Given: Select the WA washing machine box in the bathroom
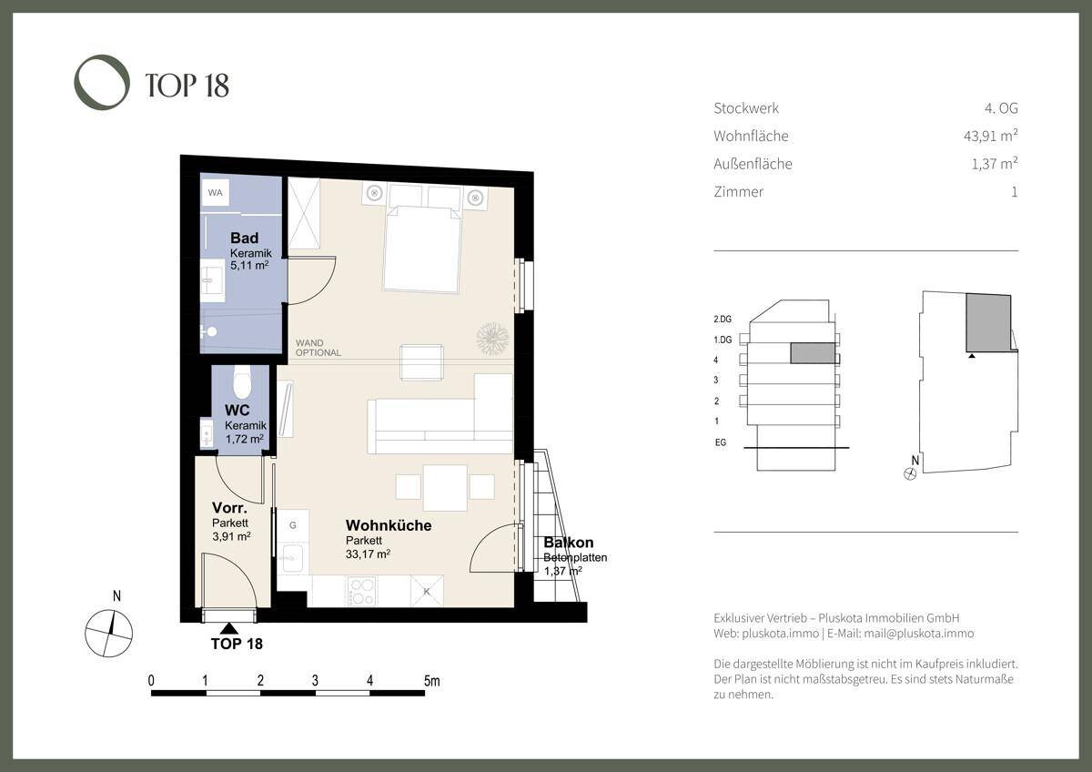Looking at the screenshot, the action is coord(215,192).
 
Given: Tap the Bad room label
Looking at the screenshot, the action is coord(244,238).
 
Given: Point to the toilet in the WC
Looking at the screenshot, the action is coord(242,382).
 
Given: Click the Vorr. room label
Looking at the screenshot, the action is coord(229,508).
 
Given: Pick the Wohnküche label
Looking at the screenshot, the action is coord(389,525).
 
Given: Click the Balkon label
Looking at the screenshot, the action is coord(569,543).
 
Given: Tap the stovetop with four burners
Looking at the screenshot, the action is coord(362,591).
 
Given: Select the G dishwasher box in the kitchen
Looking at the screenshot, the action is coord(293,525).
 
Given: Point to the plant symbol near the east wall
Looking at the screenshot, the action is coord(492,339).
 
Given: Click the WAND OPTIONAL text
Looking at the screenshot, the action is coord(318,348).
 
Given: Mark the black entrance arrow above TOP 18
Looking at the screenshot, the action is coord(229,629).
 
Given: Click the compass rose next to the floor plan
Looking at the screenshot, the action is coord(108,633).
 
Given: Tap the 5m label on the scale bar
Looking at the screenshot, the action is coord(431,680).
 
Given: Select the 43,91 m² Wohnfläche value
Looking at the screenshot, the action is coord(991,135).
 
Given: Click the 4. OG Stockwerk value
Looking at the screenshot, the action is coord(1001,107).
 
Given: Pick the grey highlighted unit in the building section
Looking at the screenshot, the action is coord(812,353).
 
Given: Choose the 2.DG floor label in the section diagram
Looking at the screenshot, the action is coord(723,319).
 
